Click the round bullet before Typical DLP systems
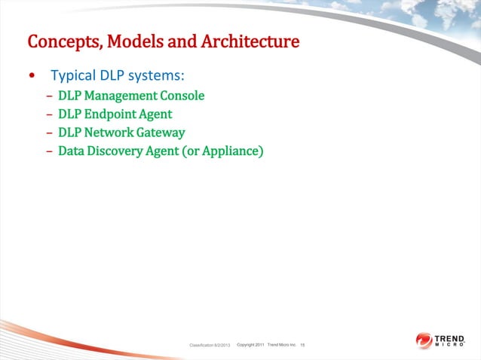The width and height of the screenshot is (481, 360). pos(31,77)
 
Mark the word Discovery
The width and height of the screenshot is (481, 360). pos(118,151)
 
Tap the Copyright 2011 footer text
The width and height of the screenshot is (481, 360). pos(250,344)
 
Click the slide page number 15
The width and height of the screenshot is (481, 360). pos(302,345)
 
